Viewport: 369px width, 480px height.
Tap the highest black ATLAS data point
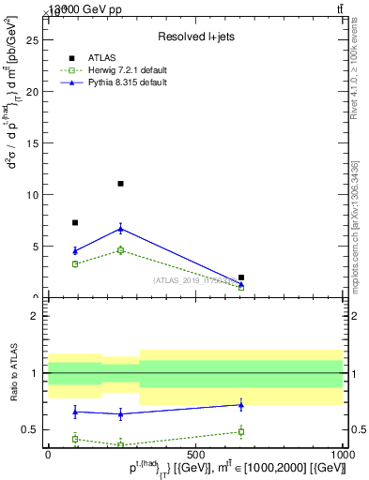[120, 184]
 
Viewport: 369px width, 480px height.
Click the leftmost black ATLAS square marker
[75, 223]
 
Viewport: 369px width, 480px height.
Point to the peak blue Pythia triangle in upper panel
[120, 228]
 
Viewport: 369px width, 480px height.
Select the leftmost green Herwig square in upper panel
[75, 264]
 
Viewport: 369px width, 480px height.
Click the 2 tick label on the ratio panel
[35, 316]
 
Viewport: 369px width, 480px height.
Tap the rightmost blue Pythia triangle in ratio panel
[241, 404]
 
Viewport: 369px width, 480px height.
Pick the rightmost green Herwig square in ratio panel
[241, 431]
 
